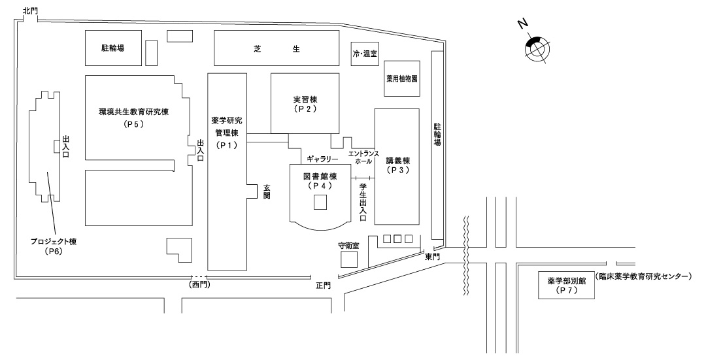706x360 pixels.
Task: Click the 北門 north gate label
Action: click(31, 10)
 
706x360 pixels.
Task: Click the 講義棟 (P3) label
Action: click(397, 165)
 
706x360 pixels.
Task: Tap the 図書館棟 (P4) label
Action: click(319, 181)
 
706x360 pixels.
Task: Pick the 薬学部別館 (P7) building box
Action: click(567, 285)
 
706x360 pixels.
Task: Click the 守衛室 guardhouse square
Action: click(349, 259)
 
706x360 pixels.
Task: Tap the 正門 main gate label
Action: click(323, 286)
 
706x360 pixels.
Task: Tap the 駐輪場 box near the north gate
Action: click(112, 48)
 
